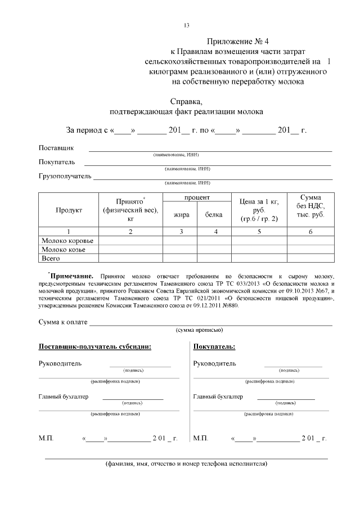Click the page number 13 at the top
[x=187, y=25]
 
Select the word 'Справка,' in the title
[x=186, y=102]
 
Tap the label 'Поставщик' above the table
[x=56, y=148]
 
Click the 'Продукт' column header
[x=69, y=210]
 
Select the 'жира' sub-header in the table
[x=181, y=214]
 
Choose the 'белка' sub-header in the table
[x=214, y=214]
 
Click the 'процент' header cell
[x=197, y=198]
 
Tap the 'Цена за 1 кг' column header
[x=259, y=210]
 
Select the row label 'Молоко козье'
[x=63, y=249]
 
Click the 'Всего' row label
[x=51, y=258]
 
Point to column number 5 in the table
[x=259, y=231]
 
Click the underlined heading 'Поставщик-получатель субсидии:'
[x=94, y=346]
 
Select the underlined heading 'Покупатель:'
[x=214, y=346]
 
